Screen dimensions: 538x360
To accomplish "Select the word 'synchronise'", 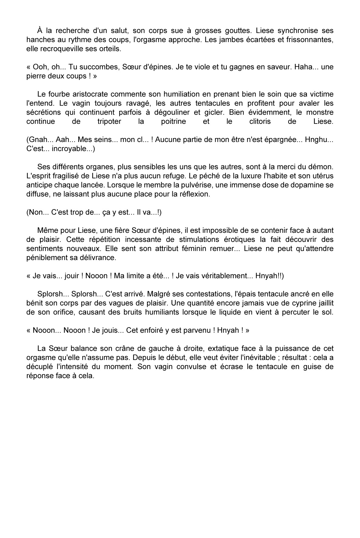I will (298, 31).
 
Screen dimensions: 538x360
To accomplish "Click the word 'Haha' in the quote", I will (304, 67).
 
